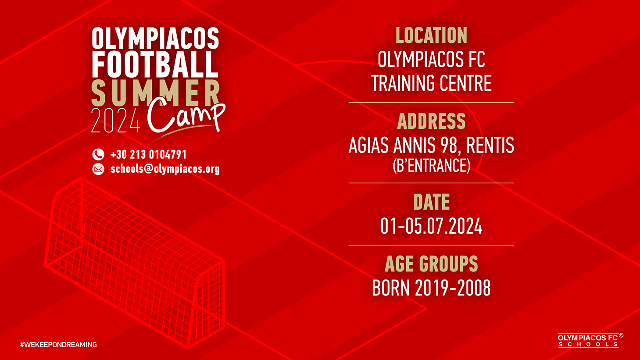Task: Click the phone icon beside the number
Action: (98, 155)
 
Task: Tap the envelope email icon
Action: (98, 169)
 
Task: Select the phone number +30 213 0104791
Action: (148, 155)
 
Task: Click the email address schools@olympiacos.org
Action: (165, 169)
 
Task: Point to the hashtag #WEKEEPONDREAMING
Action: (58, 345)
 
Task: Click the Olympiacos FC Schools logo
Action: (590, 340)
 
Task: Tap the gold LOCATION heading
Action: (432, 36)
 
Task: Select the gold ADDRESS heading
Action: (432, 121)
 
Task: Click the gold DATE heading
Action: (432, 202)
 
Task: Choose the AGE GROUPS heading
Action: (432, 264)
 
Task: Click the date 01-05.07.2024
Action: (432, 226)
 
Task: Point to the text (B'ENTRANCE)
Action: (432, 165)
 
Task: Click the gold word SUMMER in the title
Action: (155, 93)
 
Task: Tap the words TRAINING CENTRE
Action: (432, 83)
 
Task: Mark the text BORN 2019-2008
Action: (432, 288)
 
